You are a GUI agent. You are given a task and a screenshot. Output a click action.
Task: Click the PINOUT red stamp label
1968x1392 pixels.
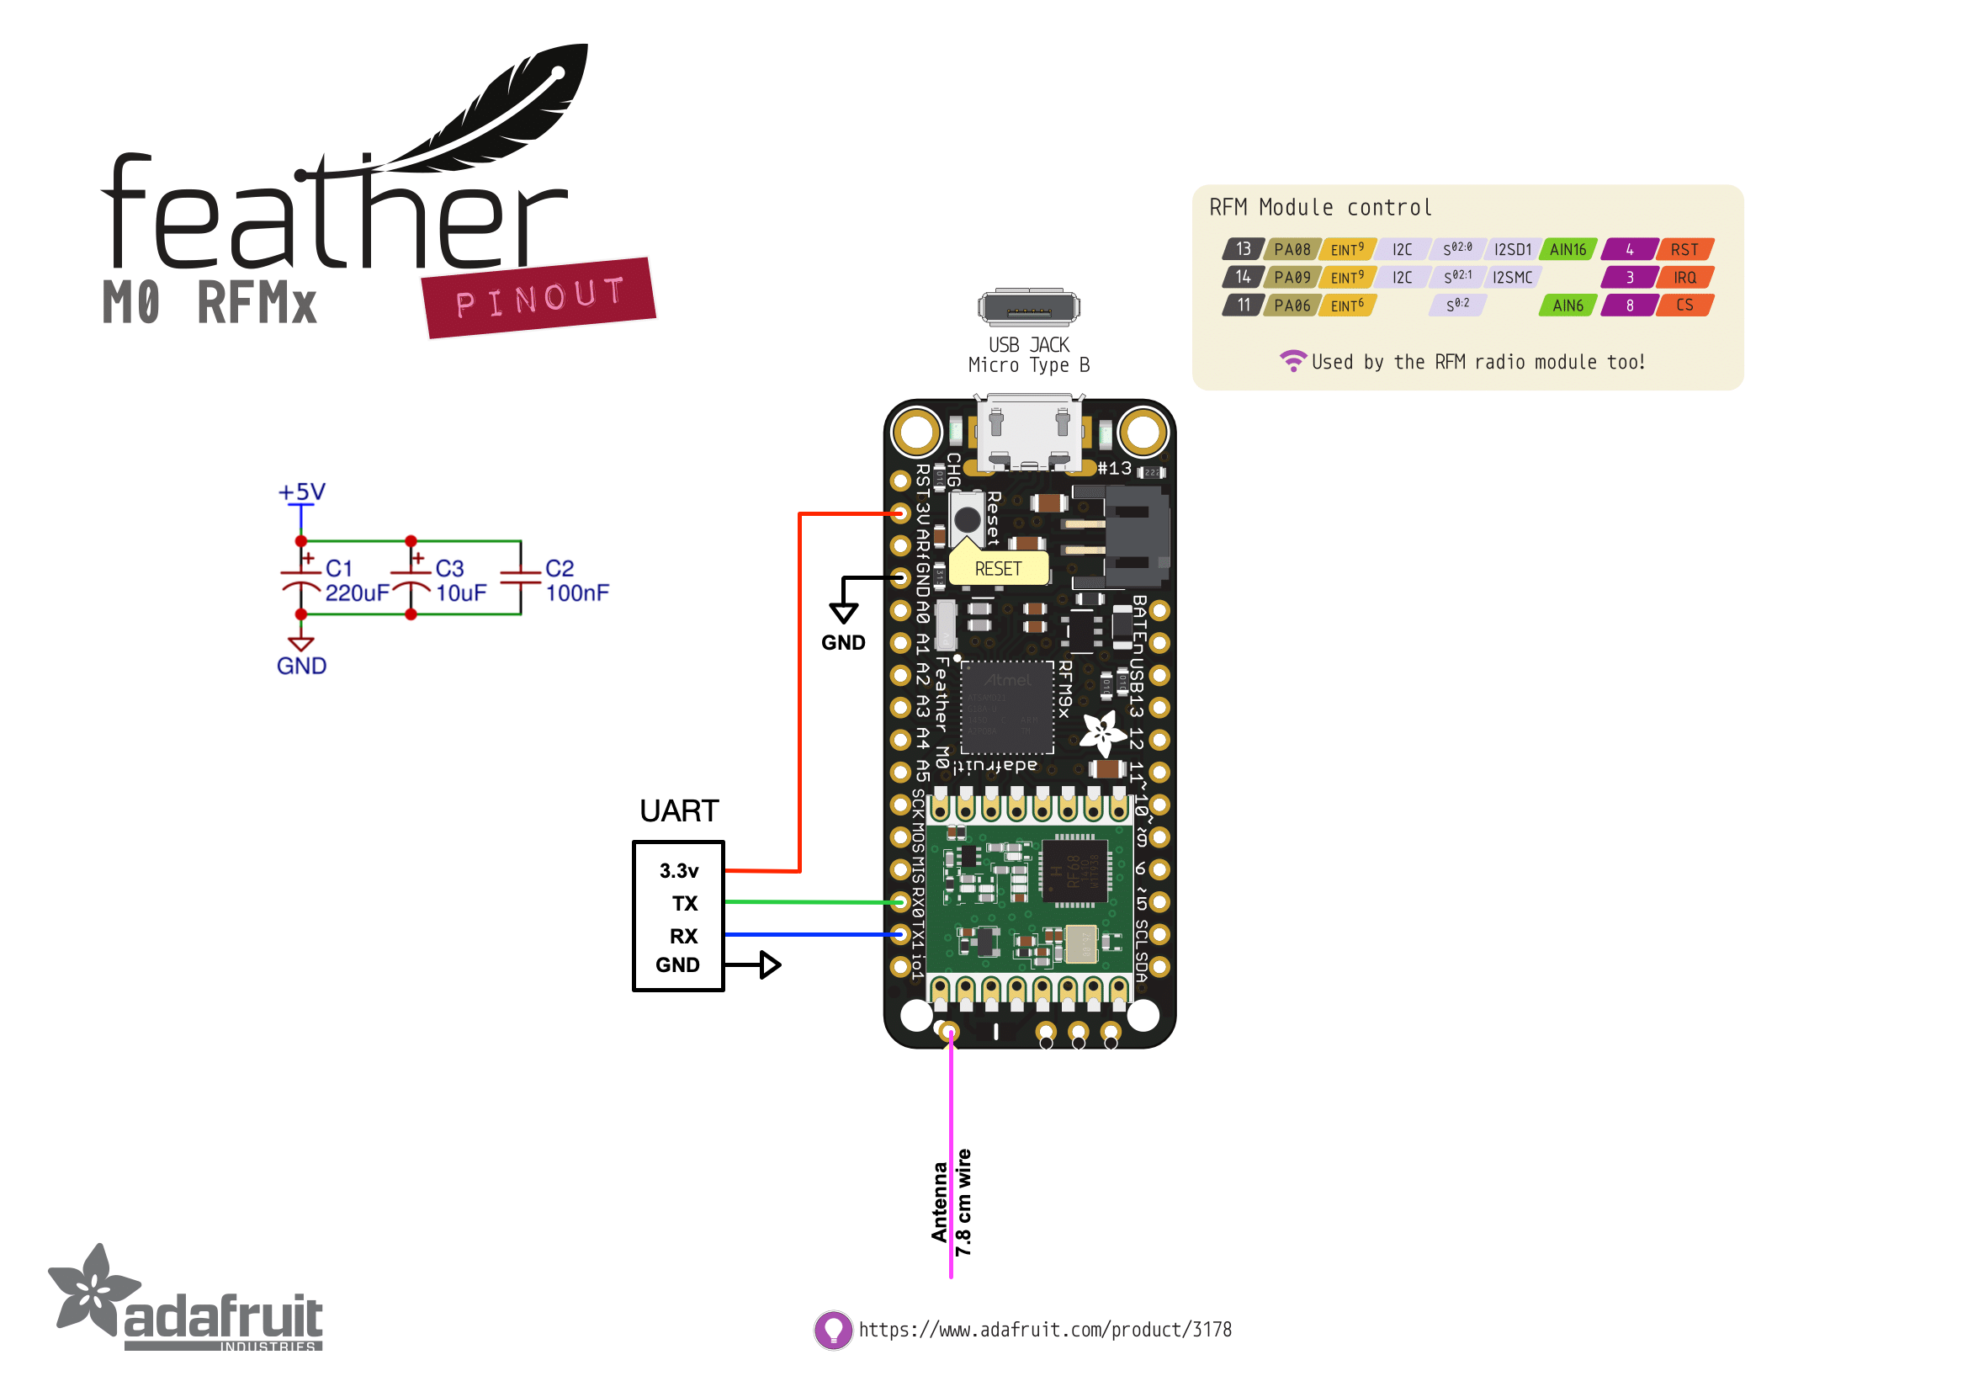[539, 297]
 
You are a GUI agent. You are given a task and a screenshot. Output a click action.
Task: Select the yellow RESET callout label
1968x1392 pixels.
[998, 569]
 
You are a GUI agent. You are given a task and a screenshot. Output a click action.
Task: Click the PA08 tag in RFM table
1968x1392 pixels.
[1291, 249]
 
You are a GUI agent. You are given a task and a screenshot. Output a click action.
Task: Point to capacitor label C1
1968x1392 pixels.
[338, 568]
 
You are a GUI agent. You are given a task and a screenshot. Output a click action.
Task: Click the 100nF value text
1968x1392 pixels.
[577, 593]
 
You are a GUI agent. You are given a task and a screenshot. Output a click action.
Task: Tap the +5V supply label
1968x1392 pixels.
[301, 492]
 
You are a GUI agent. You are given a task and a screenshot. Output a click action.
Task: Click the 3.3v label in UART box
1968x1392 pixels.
[679, 871]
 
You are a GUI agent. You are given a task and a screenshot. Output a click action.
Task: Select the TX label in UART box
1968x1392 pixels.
[684, 903]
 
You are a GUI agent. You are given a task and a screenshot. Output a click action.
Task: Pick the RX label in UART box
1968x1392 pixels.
[683, 936]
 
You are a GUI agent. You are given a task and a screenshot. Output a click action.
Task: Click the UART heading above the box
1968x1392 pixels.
[679, 810]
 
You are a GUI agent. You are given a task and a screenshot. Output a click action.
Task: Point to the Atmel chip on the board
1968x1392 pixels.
[1006, 706]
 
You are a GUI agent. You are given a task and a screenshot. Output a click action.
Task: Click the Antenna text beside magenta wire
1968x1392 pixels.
[940, 1202]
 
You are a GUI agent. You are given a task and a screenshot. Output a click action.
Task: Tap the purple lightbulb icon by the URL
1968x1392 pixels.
[832, 1330]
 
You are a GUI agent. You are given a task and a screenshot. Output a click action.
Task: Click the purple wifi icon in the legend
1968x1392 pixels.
[1292, 361]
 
